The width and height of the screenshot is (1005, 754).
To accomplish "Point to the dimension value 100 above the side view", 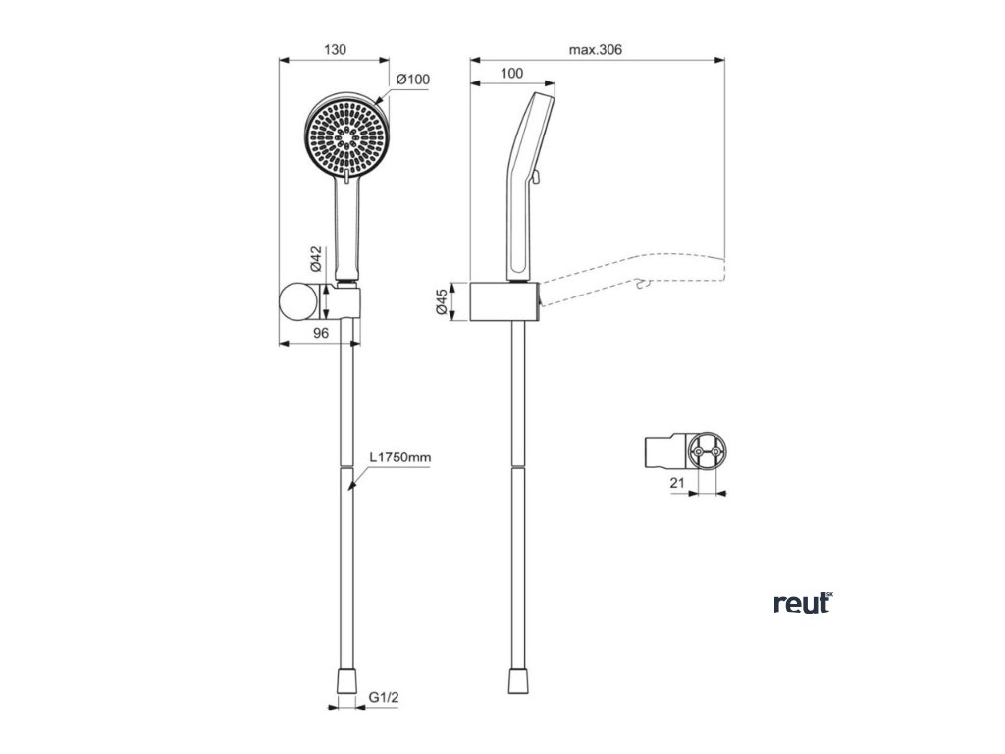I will (x=511, y=74).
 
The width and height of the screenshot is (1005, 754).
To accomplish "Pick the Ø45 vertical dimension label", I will (x=443, y=300).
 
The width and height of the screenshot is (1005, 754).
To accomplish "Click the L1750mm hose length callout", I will (x=400, y=458).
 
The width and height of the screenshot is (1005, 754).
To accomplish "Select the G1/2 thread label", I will (x=383, y=700).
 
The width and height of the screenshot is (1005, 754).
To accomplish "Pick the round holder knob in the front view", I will (x=299, y=300).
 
